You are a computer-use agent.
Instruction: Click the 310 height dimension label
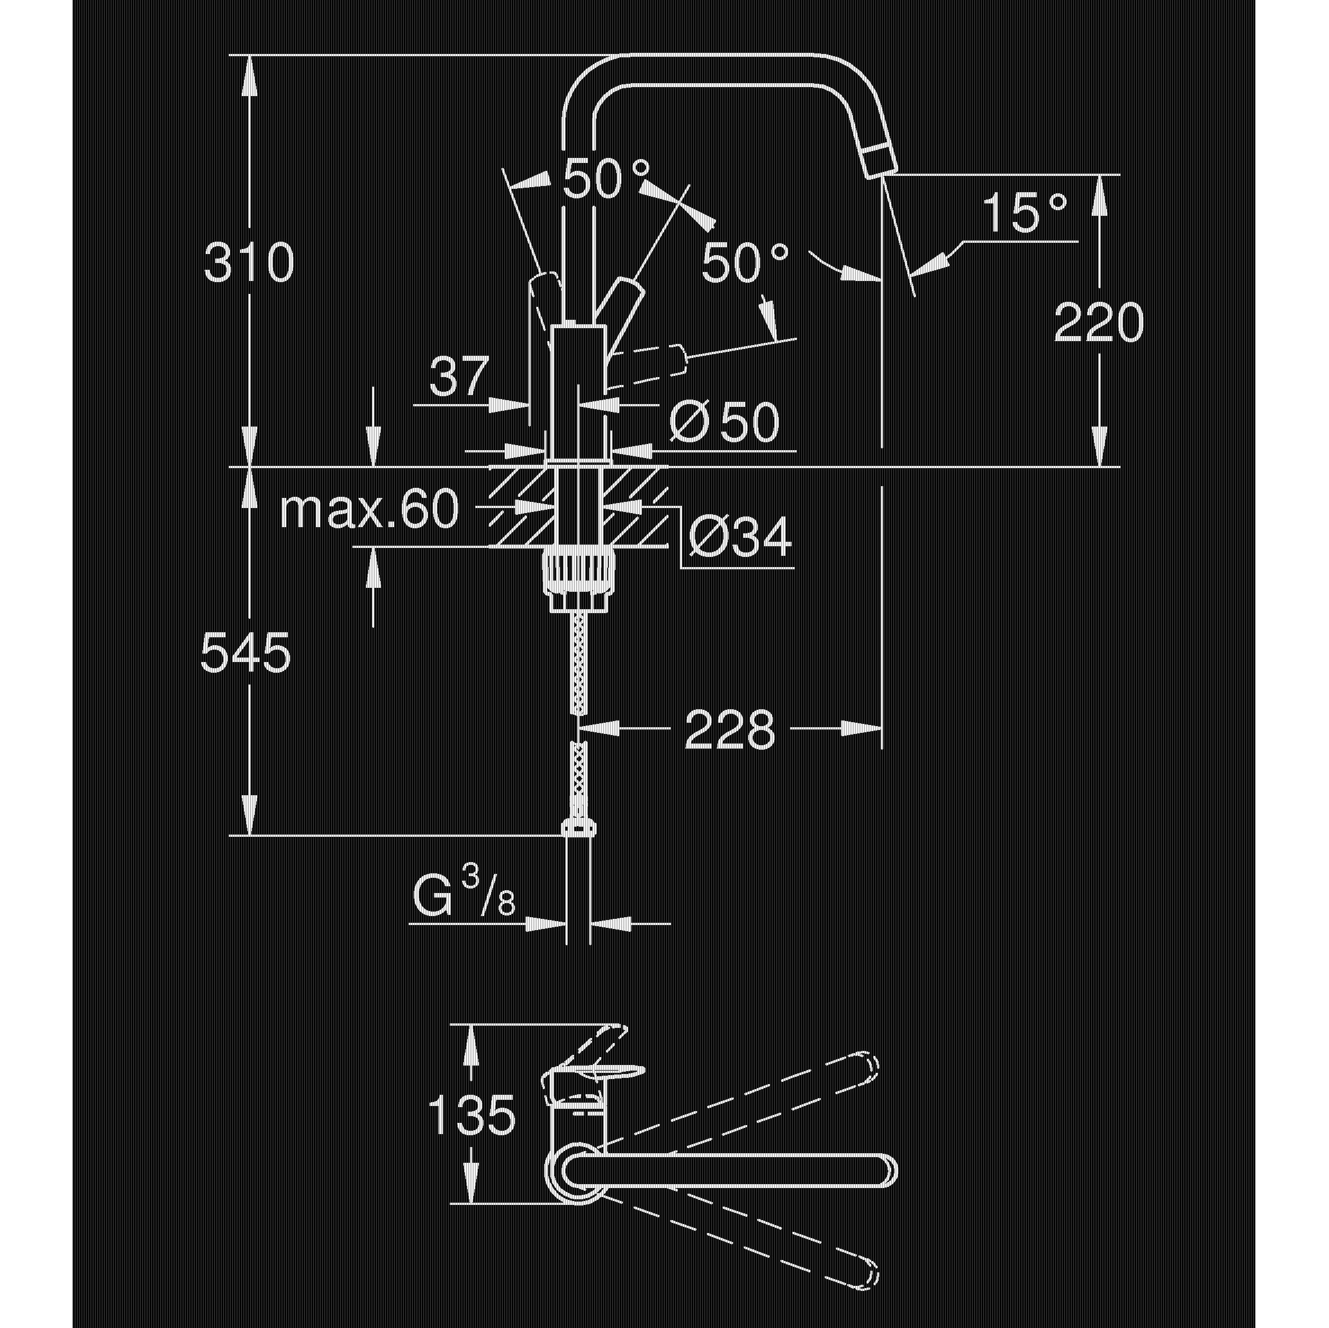coord(249,262)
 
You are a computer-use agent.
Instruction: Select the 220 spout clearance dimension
coord(1098,323)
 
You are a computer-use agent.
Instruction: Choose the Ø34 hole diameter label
coord(739,537)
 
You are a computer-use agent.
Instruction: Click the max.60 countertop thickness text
coord(369,510)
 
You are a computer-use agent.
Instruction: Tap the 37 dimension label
coord(458,377)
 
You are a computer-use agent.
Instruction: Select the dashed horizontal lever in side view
coord(650,362)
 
